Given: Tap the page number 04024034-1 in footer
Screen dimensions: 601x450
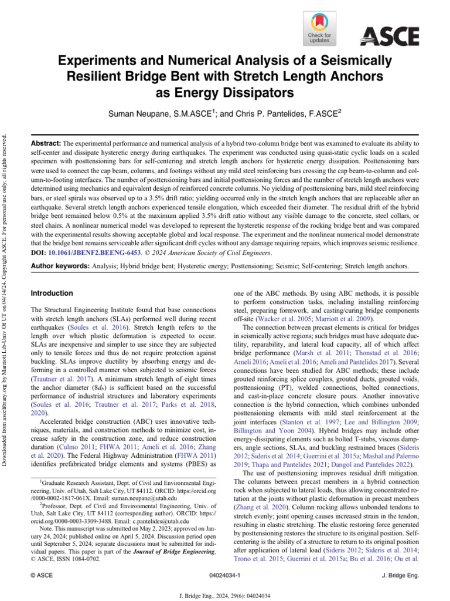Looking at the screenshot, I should [x=224, y=576].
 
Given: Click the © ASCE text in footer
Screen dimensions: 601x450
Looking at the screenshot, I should [x=42, y=576].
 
